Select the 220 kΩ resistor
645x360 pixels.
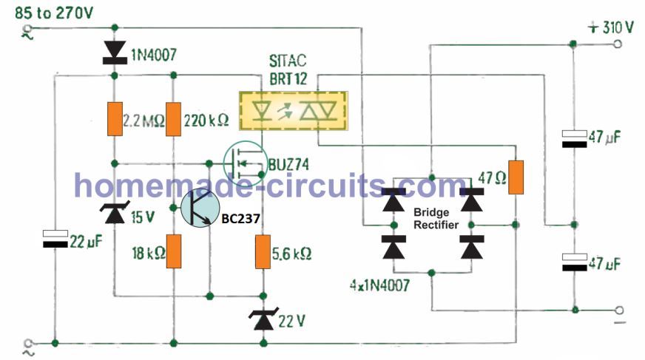tap(173, 119)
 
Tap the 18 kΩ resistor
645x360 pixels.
tap(173, 251)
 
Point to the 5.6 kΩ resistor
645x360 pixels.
tap(263, 251)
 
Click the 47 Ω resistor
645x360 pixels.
tap(516, 177)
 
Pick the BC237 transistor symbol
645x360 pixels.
tap(199, 209)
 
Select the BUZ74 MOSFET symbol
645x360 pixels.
tap(244, 161)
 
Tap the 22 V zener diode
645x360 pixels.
tap(263, 319)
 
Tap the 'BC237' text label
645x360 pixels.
tap(237, 219)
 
